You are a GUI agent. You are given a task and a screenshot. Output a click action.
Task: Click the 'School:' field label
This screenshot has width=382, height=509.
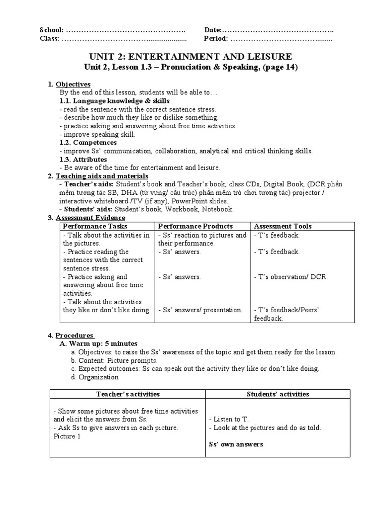(x=52, y=30)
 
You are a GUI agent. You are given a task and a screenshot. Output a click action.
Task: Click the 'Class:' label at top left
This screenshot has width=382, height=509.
(x=50, y=38)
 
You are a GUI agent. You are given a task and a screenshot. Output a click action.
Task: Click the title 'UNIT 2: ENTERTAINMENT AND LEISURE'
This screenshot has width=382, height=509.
(x=190, y=56)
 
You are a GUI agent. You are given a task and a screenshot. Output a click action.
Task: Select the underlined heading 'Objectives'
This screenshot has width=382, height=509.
(x=73, y=85)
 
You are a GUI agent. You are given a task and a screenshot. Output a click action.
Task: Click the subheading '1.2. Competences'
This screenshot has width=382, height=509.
(x=88, y=143)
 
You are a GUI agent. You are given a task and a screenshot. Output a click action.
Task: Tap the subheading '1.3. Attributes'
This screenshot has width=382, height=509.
(x=83, y=160)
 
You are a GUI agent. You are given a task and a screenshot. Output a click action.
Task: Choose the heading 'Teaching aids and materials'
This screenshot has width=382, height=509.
(x=101, y=176)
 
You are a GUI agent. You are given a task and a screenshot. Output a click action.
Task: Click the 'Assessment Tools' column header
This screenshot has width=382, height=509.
(x=283, y=226)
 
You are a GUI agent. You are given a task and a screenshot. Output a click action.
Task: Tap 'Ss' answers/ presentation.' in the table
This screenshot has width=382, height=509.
(x=200, y=310)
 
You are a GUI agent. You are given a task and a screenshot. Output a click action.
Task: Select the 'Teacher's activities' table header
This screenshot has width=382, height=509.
(x=128, y=394)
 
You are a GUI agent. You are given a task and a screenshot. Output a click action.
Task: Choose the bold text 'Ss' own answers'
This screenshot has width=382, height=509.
(x=236, y=444)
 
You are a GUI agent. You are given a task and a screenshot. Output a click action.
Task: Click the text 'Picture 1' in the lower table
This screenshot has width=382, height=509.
(x=67, y=436)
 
